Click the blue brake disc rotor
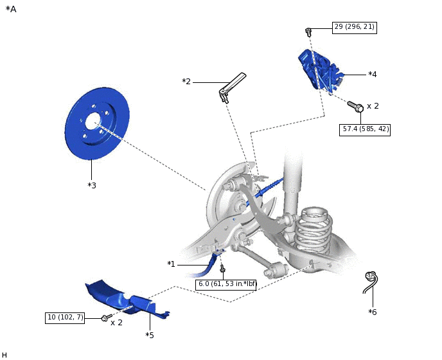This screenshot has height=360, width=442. coord(96,124)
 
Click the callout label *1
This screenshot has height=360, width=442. coord(171,264)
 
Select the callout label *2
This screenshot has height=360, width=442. coord(186,82)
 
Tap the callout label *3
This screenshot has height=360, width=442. coord(92,185)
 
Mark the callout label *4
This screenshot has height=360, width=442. coord(372,75)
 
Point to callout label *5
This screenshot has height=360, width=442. coord(150,335)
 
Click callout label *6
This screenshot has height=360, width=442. coord(373,312)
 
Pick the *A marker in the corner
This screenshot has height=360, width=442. coord(11,9)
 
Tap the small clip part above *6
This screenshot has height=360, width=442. coord(371,280)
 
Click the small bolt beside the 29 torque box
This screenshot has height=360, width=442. coord(308,31)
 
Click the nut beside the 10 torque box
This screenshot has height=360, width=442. coord(105,318)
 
